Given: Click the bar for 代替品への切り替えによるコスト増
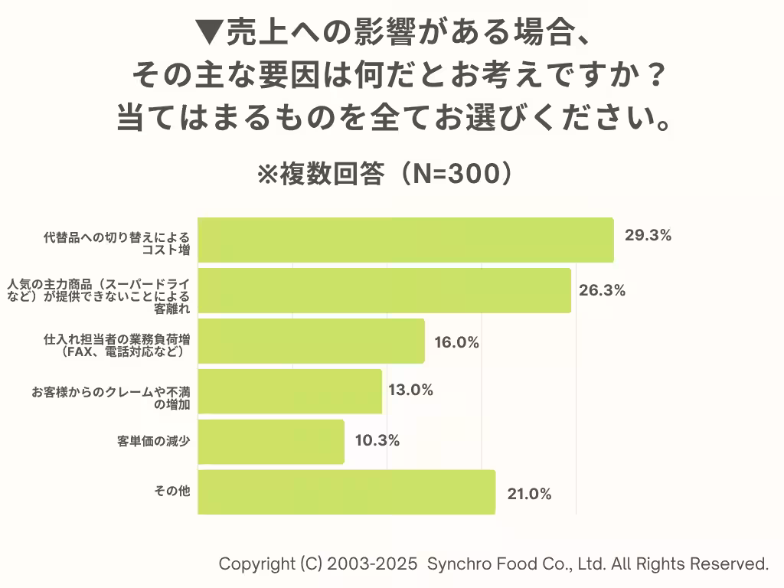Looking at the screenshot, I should (x=406, y=240).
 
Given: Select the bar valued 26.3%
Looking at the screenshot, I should (x=384, y=290).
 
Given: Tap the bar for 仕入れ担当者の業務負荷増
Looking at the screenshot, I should (x=311, y=341).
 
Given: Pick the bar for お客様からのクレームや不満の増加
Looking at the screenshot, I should (x=289, y=391).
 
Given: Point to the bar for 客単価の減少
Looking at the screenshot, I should (x=271, y=442).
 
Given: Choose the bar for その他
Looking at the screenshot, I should (x=346, y=492).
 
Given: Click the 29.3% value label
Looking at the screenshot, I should (x=648, y=236).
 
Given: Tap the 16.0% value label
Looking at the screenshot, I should (x=456, y=343).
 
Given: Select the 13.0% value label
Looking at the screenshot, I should (x=410, y=390).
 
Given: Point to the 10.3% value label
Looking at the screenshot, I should (x=377, y=441).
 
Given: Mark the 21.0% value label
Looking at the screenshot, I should (x=529, y=495).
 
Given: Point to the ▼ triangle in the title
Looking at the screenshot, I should (x=208, y=33).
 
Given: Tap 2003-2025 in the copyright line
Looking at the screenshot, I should (x=372, y=564).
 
